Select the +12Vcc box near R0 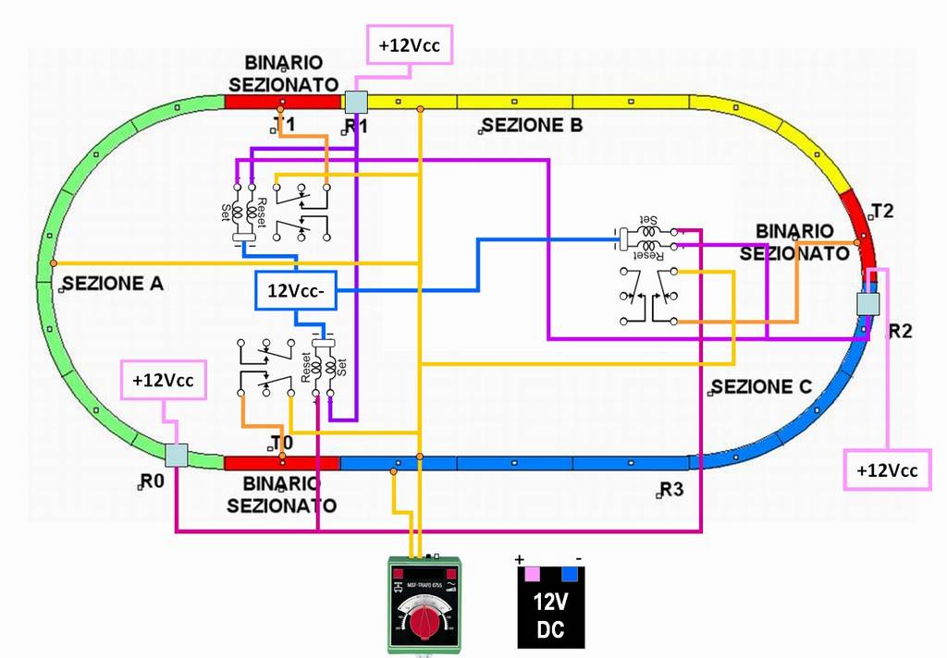click(x=163, y=379)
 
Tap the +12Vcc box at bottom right click(x=887, y=469)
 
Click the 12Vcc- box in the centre click(x=295, y=290)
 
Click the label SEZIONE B click(x=532, y=126)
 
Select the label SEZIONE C click(x=762, y=385)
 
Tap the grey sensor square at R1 click(x=356, y=102)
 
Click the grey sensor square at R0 click(x=176, y=455)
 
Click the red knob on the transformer click(x=424, y=623)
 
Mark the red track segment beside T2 click(x=867, y=237)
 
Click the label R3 click(x=672, y=489)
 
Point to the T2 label click(x=882, y=211)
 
